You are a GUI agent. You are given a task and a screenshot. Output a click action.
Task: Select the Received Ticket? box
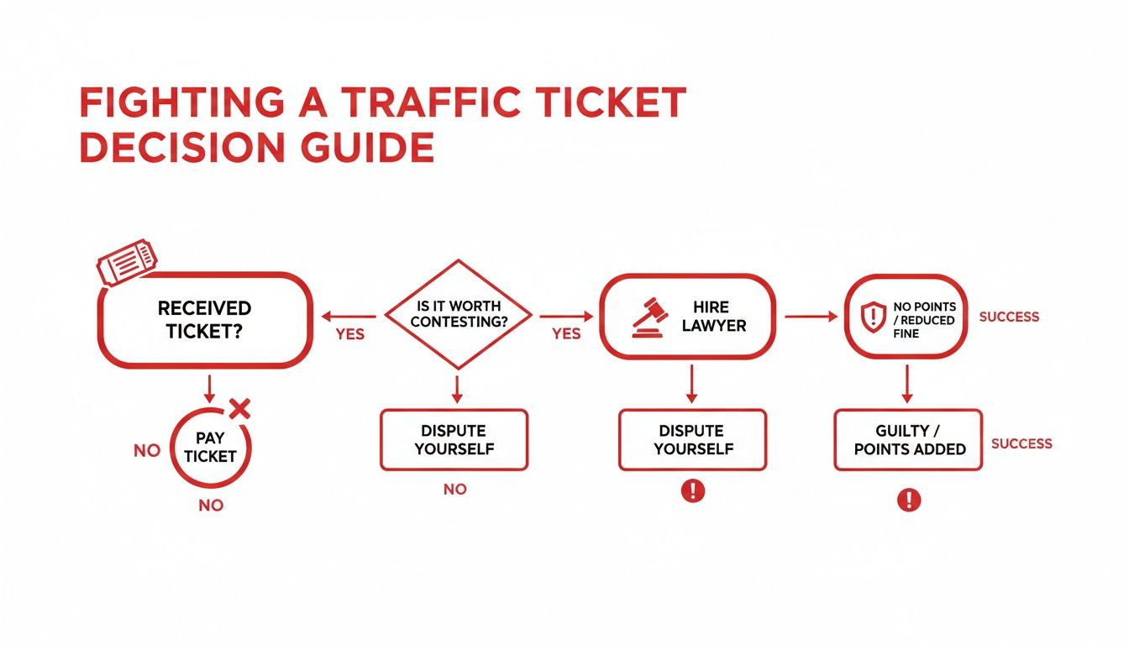[205, 320]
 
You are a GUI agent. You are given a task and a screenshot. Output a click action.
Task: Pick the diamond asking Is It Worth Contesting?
[458, 315]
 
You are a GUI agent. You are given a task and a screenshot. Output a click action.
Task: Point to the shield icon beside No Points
[874, 317]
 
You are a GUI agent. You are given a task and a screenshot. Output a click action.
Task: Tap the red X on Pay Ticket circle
[239, 409]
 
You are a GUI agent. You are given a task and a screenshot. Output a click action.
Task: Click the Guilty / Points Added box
[908, 439]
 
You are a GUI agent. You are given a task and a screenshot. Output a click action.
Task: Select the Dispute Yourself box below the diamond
[454, 439]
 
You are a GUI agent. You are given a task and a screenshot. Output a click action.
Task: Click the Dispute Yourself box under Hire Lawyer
[692, 439]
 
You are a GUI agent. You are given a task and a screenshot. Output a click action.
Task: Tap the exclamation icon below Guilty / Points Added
[908, 501]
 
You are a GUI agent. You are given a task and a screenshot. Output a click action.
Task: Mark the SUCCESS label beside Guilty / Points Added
[1021, 443]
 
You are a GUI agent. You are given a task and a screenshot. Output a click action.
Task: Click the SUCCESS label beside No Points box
[1009, 317]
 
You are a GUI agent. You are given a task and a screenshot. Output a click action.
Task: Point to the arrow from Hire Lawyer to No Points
[811, 317]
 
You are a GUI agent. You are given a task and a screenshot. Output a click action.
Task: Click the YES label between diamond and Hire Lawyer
[566, 333]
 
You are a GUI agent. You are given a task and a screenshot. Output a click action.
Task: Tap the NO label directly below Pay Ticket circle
[211, 506]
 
